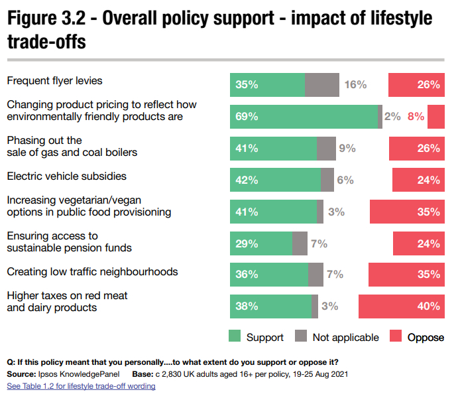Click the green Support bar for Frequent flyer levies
267,85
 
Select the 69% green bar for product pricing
304,117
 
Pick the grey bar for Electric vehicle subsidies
327,180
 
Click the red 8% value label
416,117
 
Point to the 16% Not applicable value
356,85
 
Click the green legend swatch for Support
235,337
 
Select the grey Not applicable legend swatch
301,337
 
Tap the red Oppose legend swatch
395,337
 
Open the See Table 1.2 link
80,386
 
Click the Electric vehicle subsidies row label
66,176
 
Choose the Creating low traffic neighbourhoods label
92,271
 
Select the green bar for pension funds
261,243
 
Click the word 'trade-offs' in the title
46,43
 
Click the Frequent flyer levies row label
54,81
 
